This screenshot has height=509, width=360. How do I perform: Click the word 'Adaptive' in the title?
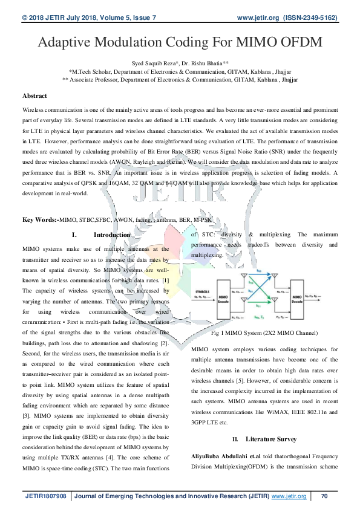67,43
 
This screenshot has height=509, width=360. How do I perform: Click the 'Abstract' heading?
34,96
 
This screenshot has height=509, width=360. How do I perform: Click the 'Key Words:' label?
39,219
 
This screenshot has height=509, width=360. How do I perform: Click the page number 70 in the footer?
324,496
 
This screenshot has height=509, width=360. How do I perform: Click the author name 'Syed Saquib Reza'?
157,62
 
